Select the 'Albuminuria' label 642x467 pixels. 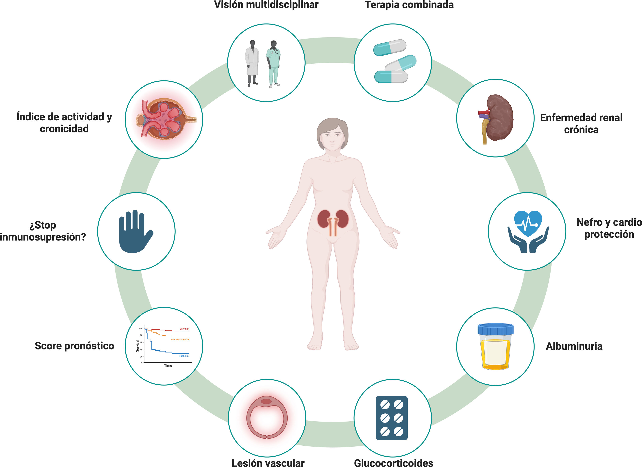(x=574, y=346)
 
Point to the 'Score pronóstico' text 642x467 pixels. (x=74, y=346)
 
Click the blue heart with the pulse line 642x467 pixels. (x=528, y=222)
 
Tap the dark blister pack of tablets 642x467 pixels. (x=392, y=418)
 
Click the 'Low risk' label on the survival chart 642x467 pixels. (x=184, y=329)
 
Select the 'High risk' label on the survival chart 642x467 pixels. (x=184, y=356)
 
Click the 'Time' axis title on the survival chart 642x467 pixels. (x=168, y=366)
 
